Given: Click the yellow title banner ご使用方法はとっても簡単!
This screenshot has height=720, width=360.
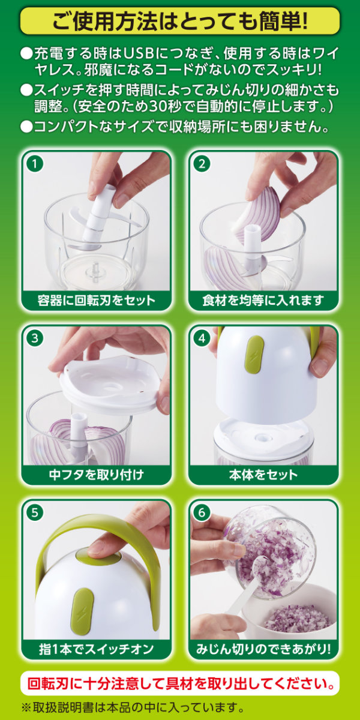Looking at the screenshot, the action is coord(179,20).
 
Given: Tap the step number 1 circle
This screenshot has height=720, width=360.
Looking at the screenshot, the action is coord(35,164).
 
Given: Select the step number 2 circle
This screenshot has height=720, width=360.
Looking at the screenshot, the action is coord(202,164).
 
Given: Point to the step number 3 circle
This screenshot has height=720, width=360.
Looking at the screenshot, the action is coord(35,338).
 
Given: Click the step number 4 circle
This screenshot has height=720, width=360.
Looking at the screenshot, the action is coord(202,338).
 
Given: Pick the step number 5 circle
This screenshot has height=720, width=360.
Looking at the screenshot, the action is coord(35,512).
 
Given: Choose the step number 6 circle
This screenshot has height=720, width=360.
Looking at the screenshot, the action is coord(202,512).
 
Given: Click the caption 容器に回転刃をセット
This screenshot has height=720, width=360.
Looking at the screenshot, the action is coord(96,301).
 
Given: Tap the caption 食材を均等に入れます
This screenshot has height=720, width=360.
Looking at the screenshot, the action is coord(263,301).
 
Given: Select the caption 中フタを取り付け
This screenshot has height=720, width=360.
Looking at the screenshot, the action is coord(96,475).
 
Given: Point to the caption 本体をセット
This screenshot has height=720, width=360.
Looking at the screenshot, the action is coord(263,475).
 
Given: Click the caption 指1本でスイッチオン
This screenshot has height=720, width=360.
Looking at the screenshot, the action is coord(96,649).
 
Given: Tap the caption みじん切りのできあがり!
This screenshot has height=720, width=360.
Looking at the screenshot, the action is coord(263,649).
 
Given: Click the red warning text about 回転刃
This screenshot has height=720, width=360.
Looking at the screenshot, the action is coord(179,683).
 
